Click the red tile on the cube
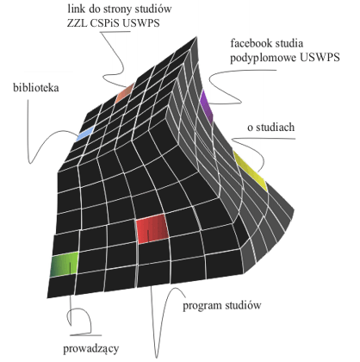pos(152,228)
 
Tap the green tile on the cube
pos(65,265)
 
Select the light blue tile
pos(85,134)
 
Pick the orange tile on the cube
pos(125,93)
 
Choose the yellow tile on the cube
pos(251,171)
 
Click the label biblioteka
pos(36,87)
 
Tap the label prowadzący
pos(91,349)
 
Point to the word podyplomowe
pos(264,58)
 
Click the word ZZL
pos(77,23)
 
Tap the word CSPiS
pos(105,23)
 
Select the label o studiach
pos(271,127)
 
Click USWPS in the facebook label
pos(320,57)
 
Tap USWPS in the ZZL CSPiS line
pos(141,23)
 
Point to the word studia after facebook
pos(289,43)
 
